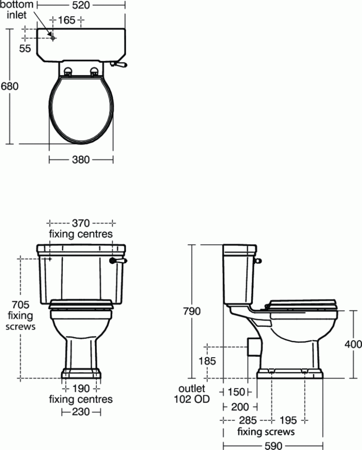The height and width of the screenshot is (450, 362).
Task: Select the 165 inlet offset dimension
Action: click(x=67, y=20)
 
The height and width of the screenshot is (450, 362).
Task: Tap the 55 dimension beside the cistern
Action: click(x=25, y=48)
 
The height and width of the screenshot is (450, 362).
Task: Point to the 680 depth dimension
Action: click(x=10, y=86)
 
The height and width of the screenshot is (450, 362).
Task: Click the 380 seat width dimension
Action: click(x=81, y=160)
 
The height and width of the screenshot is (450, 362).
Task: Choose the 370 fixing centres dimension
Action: click(x=81, y=223)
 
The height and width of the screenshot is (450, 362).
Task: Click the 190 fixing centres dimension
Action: click(x=81, y=388)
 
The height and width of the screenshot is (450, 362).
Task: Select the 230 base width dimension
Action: click(x=81, y=412)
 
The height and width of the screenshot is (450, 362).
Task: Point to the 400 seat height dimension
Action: click(x=353, y=345)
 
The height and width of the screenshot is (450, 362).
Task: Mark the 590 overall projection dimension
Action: click(x=273, y=445)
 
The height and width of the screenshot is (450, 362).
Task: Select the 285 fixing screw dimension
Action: click(x=248, y=420)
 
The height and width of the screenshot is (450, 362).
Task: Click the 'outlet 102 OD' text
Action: click(x=192, y=393)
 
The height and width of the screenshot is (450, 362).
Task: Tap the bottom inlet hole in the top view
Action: click(x=53, y=38)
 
